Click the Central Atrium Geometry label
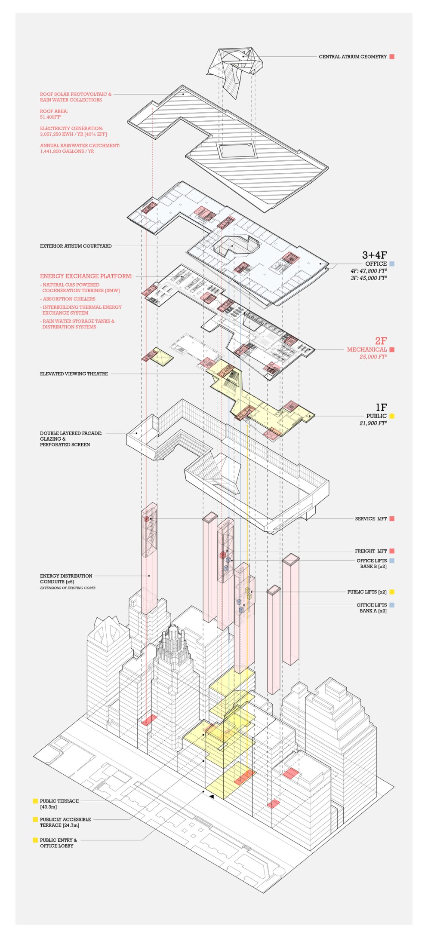click(x=352, y=57)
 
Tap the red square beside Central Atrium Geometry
click(x=392, y=57)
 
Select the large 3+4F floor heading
click(x=374, y=255)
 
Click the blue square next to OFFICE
click(x=392, y=264)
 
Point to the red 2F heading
click(x=381, y=341)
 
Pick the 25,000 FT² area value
click(x=373, y=357)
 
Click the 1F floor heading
click(x=381, y=407)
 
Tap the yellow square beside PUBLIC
click(x=392, y=416)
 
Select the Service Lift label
click(x=371, y=519)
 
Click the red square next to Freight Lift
click(x=392, y=551)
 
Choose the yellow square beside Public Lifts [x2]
click(x=392, y=592)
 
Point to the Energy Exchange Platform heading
click(x=86, y=276)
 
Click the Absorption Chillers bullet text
click(x=69, y=299)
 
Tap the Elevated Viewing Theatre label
click(x=74, y=374)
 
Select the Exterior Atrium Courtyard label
click(x=76, y=246)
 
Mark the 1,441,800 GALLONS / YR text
click(x=67, y=151)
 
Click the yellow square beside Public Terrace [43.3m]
click(x=35, y=801)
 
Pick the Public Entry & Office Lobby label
click(x=58, y=843)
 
